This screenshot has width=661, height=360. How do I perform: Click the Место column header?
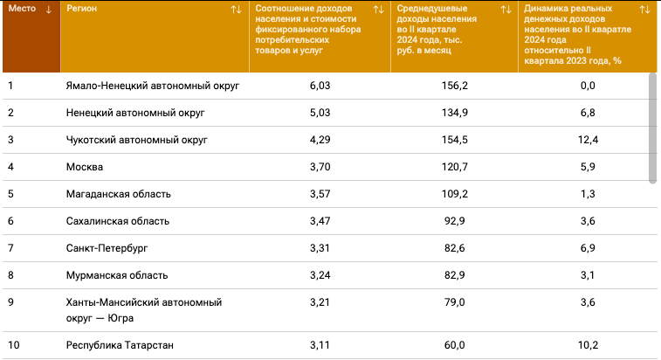coord(22,9)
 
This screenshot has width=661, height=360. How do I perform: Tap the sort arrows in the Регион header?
coord(237,10)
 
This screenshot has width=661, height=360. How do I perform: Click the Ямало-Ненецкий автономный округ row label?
coord(153,86)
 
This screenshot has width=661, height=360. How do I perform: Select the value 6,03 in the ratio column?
coord(320,86)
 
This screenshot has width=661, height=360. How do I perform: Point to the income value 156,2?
coord(454,86)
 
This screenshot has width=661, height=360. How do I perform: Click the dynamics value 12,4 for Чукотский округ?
coord(588,140)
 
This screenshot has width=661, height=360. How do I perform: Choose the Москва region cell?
coord(85,167)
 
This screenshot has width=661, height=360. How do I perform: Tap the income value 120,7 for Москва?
coord(454,167)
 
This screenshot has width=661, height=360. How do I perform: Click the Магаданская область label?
coord(119,194)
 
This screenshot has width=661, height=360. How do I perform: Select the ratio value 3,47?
coord(320,221)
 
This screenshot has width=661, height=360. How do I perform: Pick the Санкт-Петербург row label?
coord(107,248)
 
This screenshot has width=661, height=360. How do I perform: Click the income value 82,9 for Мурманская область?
coord(454,275)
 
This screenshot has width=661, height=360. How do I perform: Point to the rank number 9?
coord(10,302)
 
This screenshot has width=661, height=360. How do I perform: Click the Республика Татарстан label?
coord(120,345)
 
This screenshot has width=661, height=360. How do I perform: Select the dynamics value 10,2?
coord(588,345)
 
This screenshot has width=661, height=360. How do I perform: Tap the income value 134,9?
coord(454,113)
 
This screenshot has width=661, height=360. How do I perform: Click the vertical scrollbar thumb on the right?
coord(652,128)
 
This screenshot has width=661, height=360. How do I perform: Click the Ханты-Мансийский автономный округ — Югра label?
coord(144,310)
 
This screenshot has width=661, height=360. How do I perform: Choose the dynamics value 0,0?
coord(588,86)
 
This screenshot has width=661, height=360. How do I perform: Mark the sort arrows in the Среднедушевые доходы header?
coord(506,10)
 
